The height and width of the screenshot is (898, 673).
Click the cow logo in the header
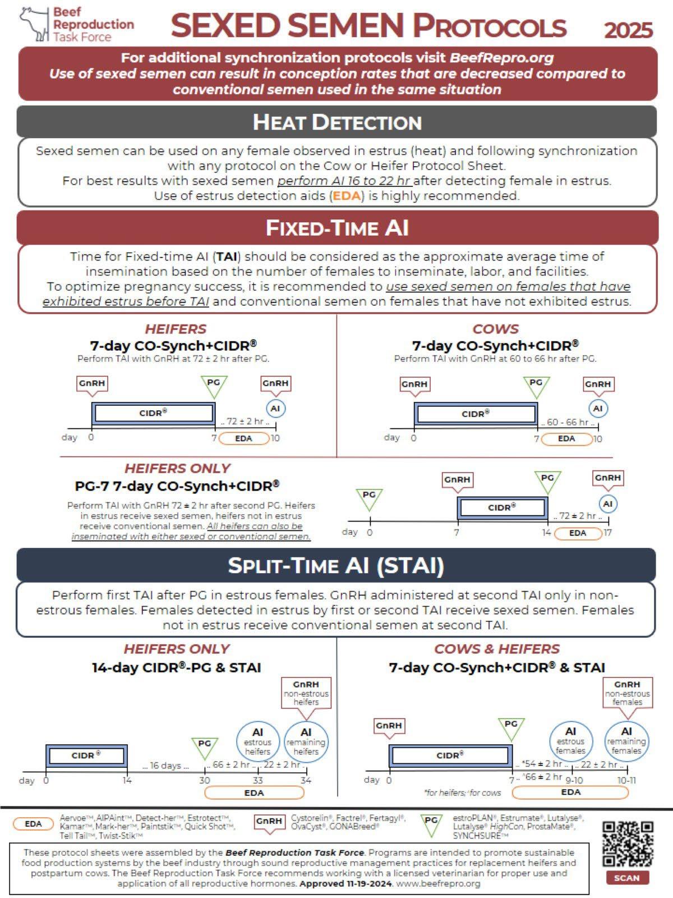pos(34,24)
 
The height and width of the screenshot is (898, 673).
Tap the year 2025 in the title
pos(628,30)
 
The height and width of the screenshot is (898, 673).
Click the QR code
pos(627,844)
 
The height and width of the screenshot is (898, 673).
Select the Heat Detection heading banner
pos(336,122)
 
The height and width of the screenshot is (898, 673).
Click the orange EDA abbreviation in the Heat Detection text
pos(347,195)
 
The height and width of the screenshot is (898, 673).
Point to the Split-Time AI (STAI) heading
pos(336,566)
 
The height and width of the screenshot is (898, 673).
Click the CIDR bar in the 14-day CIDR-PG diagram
pos(86,755)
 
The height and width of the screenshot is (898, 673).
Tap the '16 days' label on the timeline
pos(165,765)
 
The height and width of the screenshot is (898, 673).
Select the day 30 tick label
pos(205,780)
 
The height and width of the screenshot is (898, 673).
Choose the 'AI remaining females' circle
pos(626,741)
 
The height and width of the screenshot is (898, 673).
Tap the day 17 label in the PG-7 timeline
pos(607,532)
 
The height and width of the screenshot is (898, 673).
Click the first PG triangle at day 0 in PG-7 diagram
pos(369,498)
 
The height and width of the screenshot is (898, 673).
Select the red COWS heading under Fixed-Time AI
pos(496,329)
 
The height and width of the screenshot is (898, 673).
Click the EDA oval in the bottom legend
pos(33,823)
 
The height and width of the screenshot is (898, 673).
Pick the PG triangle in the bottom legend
pos(431,824)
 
